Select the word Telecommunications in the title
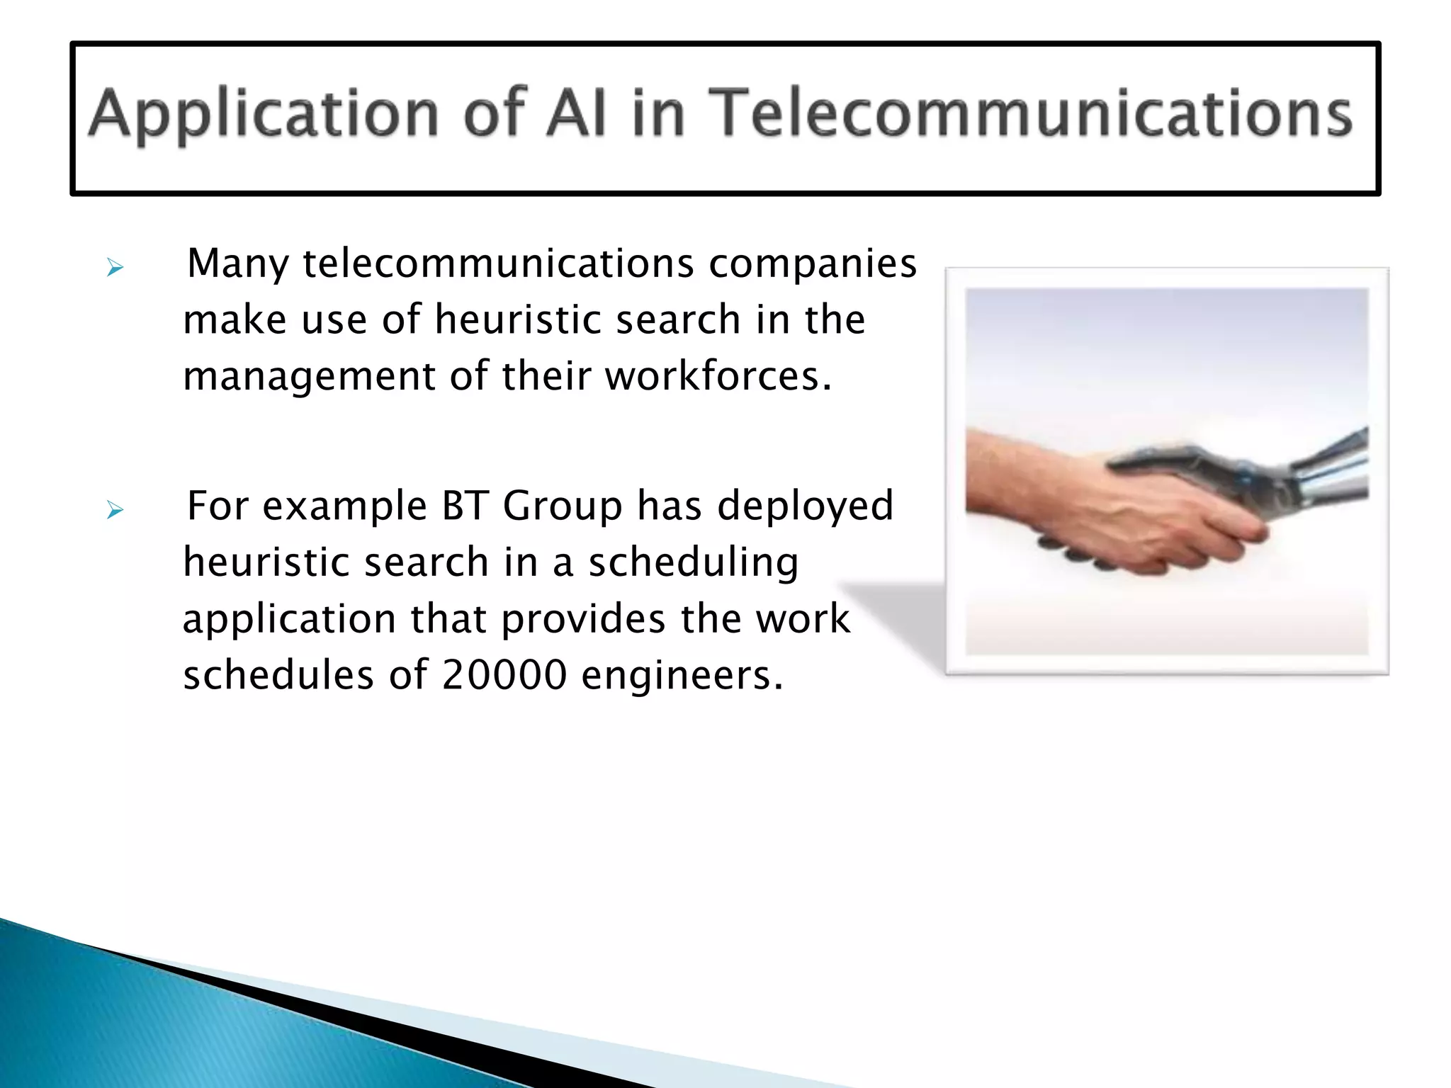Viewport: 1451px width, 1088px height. click(x=1030, y=113)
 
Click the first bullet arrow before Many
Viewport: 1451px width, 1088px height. click(x=115, y=268)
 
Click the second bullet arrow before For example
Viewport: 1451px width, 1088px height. click(x=115, y=509)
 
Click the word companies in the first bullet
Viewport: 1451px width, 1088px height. click(x=813, y=264)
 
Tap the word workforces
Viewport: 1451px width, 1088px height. click(x=718, y=375)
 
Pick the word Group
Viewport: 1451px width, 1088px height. click(x=563, y=507)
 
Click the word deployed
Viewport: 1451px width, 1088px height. click(x=805, y=507)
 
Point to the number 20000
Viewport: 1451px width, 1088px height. click(x=504, y=674)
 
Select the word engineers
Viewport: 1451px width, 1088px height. click(x=682, y=676)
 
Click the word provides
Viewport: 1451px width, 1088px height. click(x=583, y=620)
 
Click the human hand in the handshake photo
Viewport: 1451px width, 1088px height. click(x=1105, y=510)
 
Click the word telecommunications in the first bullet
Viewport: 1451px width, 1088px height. click(x=499, y=264)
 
